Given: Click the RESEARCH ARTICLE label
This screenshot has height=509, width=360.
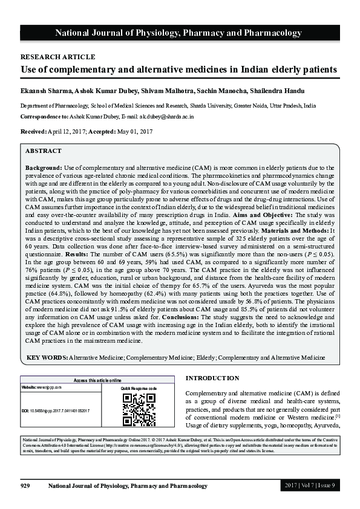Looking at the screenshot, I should [57, 57].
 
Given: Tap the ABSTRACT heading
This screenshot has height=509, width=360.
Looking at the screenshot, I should [44, 151].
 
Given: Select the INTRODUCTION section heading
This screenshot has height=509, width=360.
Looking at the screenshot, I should [212, 378].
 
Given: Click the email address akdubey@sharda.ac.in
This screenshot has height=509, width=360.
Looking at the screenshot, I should [166, 115].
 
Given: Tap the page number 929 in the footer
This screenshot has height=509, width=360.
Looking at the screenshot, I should [25, 486].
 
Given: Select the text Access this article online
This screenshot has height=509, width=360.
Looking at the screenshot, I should [97, 380].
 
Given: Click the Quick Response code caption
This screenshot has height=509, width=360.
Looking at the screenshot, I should [139, 388].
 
